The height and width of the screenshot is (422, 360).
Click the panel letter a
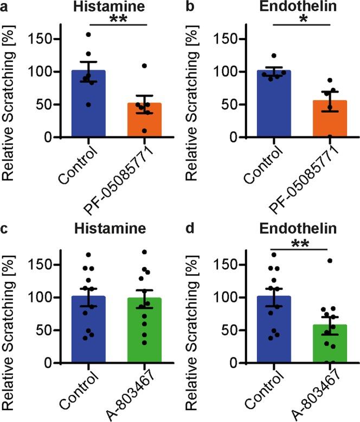5,6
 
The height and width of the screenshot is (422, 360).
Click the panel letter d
191,229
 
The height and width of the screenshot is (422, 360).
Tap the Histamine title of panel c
108,230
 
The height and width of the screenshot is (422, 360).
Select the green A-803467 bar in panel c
145,330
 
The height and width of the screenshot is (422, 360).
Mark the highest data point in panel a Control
89,35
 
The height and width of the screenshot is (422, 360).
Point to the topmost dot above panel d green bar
330,261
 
